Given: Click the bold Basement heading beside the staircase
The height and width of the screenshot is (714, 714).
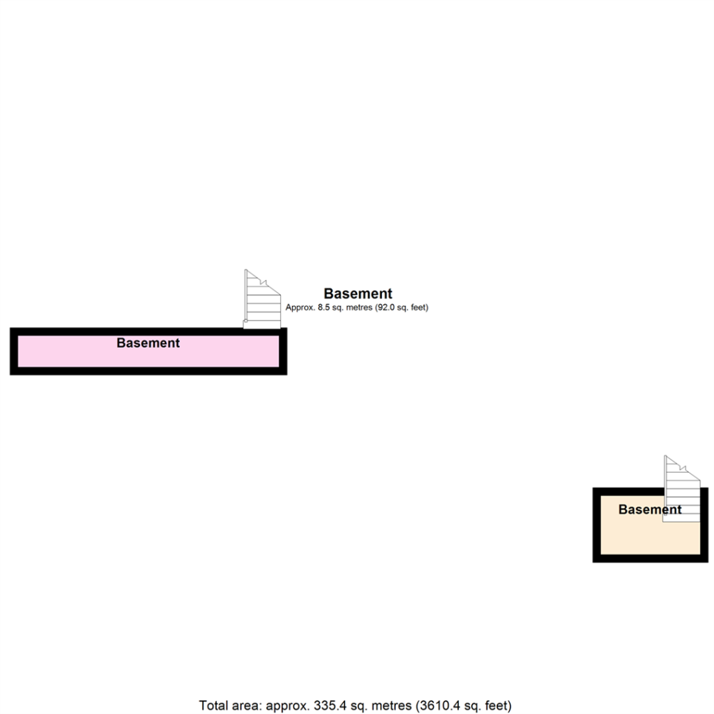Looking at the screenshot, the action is pos(358,294).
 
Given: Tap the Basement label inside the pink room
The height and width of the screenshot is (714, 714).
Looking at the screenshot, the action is pos(148,343).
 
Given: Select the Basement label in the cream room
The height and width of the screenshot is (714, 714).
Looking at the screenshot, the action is pos(649,510).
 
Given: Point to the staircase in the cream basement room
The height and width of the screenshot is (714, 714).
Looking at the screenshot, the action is pos(681,489).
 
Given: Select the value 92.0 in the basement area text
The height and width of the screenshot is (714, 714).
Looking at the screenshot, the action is pos(388,307).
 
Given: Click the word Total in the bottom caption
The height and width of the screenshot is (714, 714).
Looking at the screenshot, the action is pos(213,705).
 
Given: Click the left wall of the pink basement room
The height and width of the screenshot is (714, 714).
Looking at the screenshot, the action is pos(13,351).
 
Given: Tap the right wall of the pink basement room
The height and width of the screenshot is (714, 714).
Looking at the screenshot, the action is pos(283,351).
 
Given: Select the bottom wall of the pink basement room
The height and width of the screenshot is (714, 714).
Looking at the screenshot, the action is pos(148,371).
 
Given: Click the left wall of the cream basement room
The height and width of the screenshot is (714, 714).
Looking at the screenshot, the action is pos(596,524).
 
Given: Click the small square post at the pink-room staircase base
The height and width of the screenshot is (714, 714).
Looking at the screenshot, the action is pos(245,321).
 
